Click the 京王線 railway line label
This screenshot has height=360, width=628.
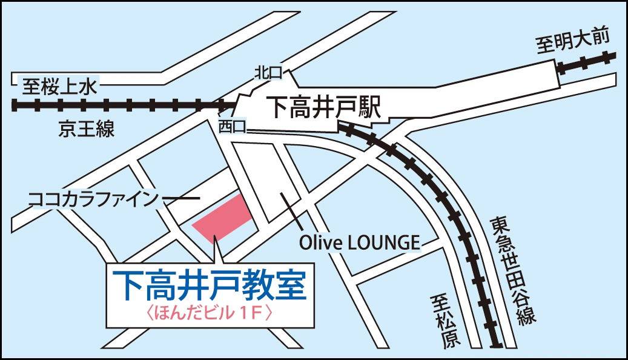pyautogui.click(x=87, y=128)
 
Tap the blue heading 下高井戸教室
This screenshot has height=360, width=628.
pyautogui.click(x=211, y=286)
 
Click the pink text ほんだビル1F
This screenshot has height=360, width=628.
pyautogui.click(x=211, y=314)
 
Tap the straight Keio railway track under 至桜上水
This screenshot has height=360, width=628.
pyautogui.click(x=121, y=105)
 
